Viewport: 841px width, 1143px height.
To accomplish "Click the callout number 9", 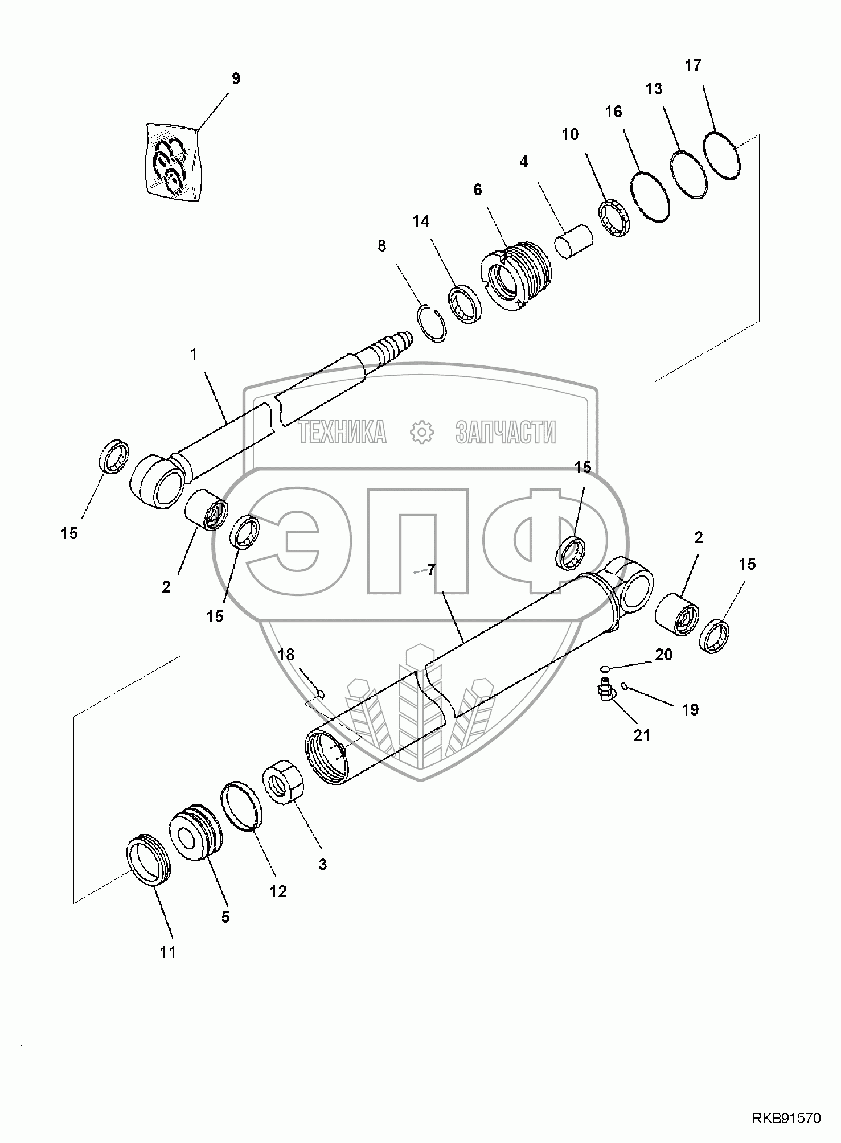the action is point(236,79).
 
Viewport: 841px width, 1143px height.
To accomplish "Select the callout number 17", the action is point(693,65).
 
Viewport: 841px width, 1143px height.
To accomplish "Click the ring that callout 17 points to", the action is point(722,155).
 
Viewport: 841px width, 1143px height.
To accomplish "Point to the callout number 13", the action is point(654,89).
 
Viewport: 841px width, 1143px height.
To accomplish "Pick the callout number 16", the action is point(613,112).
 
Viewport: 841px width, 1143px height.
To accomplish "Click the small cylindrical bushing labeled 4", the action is point(573,242).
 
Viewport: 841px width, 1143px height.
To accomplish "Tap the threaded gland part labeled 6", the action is point(517,276).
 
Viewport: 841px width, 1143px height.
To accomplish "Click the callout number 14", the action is point(421,221).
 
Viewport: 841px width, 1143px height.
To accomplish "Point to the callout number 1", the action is point(194,355).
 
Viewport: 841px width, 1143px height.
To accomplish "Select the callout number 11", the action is point(168,952).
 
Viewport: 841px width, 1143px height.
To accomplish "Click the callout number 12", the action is point(278,891).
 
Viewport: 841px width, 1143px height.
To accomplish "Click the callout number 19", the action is point(690,710).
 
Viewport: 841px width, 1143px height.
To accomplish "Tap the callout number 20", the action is point(663,655).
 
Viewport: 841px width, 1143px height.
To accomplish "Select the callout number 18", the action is point(286,655).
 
